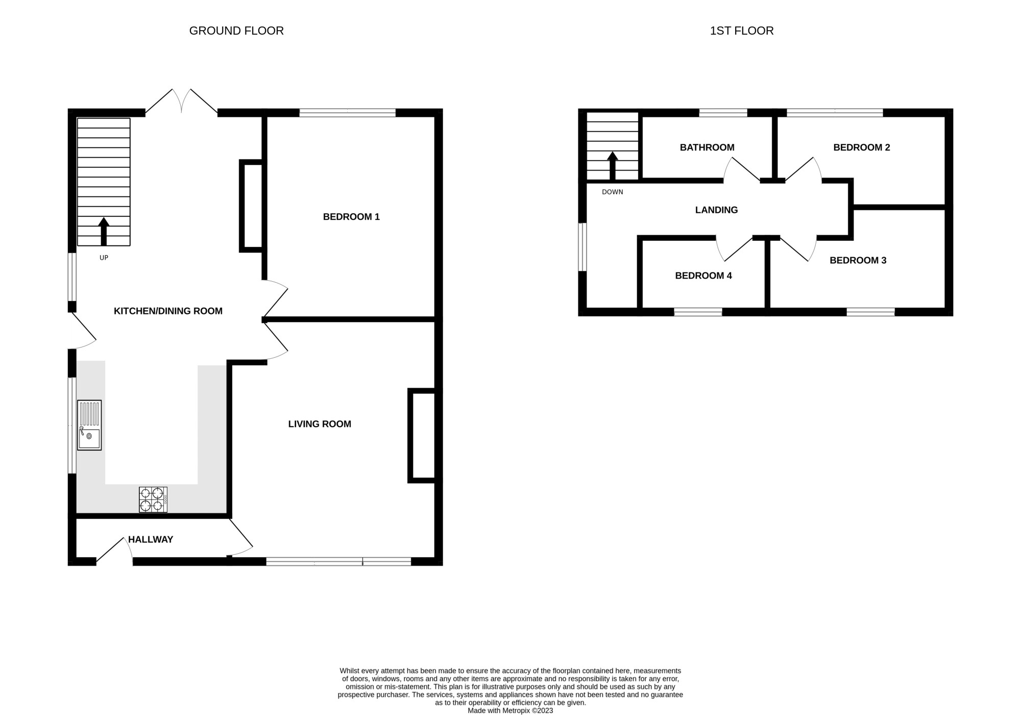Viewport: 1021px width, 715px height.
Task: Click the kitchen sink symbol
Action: [x=89, y=425]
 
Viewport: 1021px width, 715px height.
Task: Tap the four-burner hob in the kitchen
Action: [x=153, y=500]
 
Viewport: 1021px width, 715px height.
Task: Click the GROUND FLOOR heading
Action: [x=236, y=31]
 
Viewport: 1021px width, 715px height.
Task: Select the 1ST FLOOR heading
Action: [x=741, y=31]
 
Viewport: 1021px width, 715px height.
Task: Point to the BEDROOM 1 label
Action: [x=351, y=217]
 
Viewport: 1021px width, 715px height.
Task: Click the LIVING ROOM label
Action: [x=320, y=424]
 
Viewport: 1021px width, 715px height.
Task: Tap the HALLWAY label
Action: [x=151, y=539]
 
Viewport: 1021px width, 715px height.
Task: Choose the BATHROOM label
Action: [x=707, y=147]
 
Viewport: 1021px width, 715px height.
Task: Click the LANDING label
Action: [x=716, y=210]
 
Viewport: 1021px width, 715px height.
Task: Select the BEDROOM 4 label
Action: [x=703, y=276]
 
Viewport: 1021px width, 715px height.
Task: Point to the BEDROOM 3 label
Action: [x=858, y=260]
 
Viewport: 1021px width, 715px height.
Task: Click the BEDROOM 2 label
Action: [x=861, y=147]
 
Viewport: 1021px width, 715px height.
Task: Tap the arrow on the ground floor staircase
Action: [x=104, y=231]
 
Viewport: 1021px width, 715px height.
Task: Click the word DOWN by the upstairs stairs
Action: [x=612, y=192]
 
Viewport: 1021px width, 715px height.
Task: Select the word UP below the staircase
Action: [x=104, y=258]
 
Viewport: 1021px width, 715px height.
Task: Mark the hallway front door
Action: [x=114, y=551]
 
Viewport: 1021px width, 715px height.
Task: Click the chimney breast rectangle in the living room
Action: [x=422, y=435]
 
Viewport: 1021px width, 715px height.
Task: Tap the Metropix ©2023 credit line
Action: [x=510, y=710]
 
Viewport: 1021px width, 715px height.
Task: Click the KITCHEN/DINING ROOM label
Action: [x=168, y=311]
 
